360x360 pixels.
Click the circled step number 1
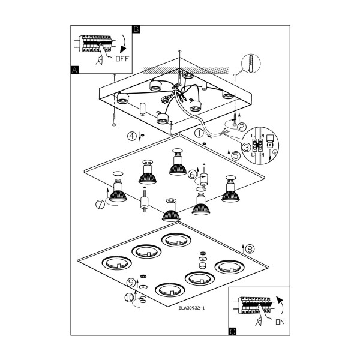click(199, 133)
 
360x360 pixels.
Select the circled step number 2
click(241, 127)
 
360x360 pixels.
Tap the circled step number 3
click(247, 147)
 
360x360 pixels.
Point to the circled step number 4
click(132, 136)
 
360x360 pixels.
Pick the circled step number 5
click(236, 156)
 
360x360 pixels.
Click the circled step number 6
click(193, 175)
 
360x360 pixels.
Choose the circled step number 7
click(100, 205)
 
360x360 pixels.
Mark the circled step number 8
click(250, 248)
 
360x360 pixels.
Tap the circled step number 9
click(131, 283)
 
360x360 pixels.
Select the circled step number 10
click(129, 298)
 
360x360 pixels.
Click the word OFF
click(122, 59)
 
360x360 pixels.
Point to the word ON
click(280, 322)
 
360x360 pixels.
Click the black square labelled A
click(74, 70)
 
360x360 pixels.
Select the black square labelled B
click(136, 29)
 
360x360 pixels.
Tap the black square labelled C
click(232, 332)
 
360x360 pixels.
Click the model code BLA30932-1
click(191, 308)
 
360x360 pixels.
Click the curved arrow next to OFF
click(123, 44)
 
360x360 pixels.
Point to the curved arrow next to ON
click(280, 305)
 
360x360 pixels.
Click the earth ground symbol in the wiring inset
click(275, 152)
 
